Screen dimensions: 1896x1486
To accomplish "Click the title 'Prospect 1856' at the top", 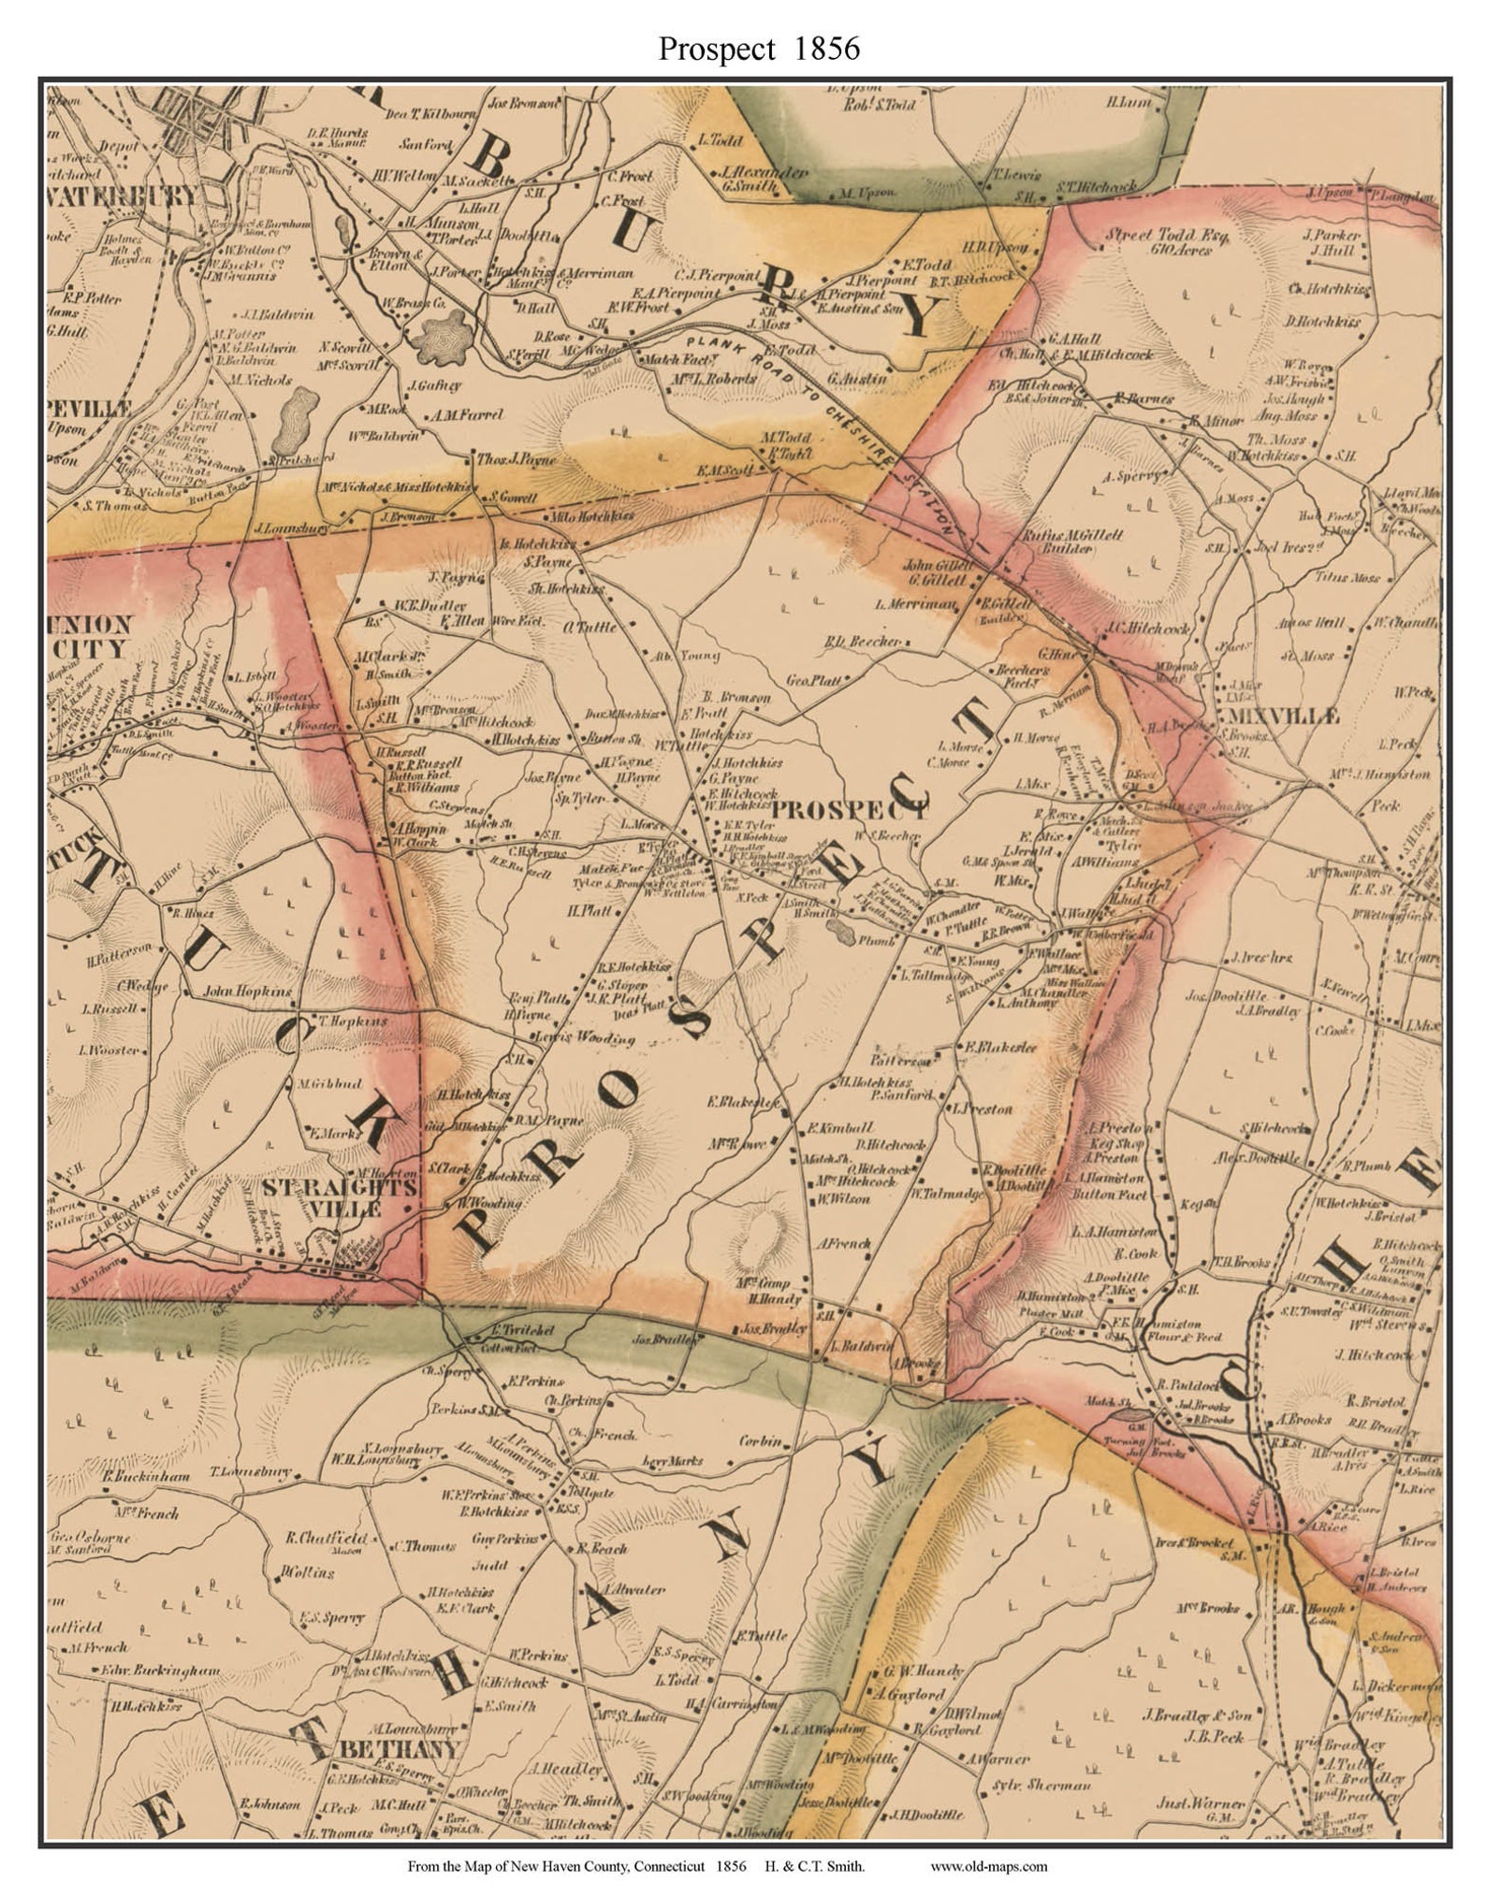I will (x=758, y=49).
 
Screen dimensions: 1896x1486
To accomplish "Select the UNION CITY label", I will (x=89, y=636).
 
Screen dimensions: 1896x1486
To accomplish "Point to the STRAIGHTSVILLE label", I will (x=339, y=1197).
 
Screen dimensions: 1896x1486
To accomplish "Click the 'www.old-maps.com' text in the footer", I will (x=988, y=1866).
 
